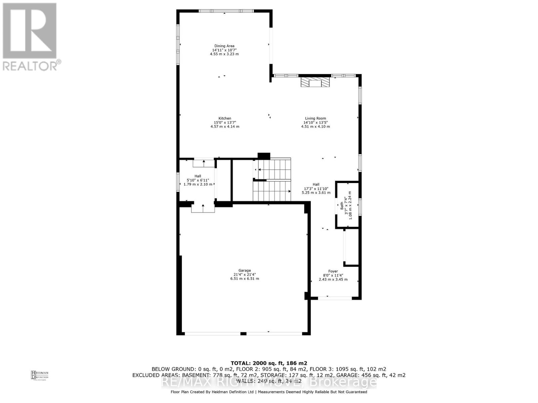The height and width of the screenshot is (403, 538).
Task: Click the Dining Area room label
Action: (x=224, y=46)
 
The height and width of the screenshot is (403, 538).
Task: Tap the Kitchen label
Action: (x=225, y=118)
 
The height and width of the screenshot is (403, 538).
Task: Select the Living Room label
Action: (x=315, y=118)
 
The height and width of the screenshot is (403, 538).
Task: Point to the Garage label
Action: (x=244, y=270)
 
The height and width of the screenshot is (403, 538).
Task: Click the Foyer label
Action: (x=333, y=271)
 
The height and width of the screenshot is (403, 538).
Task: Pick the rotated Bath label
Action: (x=342, y=206)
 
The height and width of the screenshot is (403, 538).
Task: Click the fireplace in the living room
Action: (x=315, y=83)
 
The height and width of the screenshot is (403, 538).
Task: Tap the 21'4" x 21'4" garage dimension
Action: (x=244, y=274)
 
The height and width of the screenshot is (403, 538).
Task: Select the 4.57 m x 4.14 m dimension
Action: (x=225, y=127)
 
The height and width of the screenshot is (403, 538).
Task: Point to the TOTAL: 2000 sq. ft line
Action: (x=269, y=363)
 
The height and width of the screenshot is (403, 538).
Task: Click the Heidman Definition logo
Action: (x=40, y=375)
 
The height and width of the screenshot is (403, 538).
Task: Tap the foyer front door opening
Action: (x=335, y=298)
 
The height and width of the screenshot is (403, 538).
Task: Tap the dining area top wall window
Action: (x=226, y=11)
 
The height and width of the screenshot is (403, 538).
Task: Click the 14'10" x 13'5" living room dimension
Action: (x=315, y=123)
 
